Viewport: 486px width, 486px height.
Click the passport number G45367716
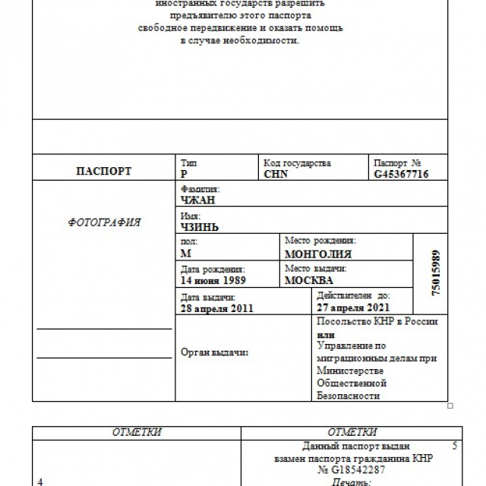[401, 174]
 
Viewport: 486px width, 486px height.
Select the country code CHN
[276, 174]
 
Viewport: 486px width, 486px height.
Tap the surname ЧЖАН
[197, 200]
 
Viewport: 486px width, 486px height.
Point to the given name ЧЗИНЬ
[201, 226]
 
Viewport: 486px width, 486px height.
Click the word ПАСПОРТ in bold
[103, 171]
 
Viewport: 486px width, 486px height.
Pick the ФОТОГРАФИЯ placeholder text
[104, 222]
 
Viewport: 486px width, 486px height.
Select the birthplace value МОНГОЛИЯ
[317, 254]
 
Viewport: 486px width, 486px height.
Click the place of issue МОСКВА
[308, 279]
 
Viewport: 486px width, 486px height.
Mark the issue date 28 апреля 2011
[217, 308]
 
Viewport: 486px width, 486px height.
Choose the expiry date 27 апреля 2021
[353, 308]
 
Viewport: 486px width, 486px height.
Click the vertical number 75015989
[435, 273]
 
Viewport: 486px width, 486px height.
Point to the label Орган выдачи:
[216, 352]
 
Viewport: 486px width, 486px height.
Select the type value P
[185, 174]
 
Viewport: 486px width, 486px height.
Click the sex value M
[186, 254]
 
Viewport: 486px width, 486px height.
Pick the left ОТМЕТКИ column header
[137, 432]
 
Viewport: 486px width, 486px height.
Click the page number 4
[39, 481]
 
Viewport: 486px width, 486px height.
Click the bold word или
[325, 334]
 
